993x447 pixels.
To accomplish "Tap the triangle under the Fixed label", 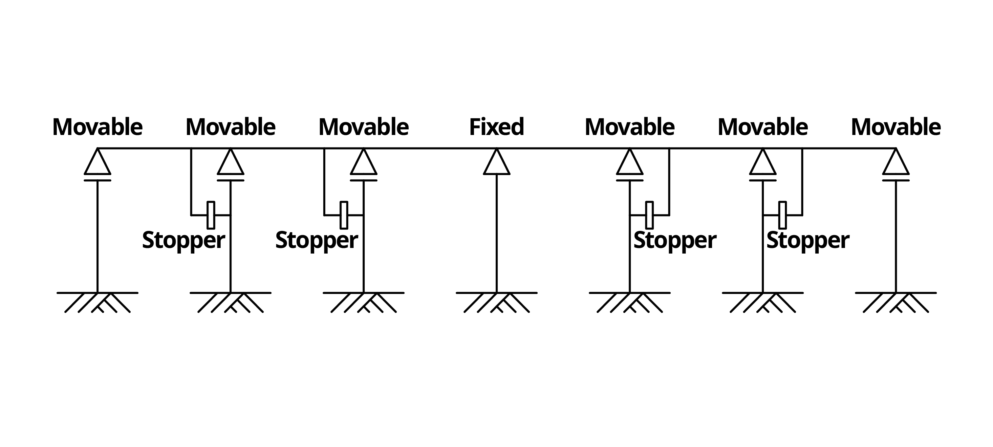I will [496, 164].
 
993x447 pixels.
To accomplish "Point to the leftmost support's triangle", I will [97, 164].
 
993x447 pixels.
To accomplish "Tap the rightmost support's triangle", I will [896, 164].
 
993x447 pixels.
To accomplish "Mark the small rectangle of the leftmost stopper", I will [211, 215].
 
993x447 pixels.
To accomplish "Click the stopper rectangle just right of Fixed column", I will [650, 215].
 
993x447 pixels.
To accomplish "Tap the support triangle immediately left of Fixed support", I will [363, 164].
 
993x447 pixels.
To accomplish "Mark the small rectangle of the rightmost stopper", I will [783, 215].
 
